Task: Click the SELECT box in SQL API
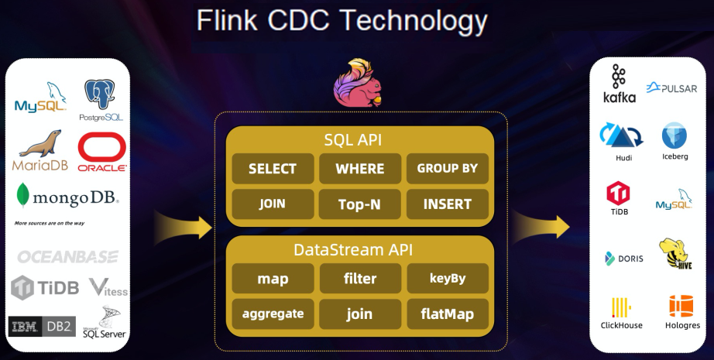273,169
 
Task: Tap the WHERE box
360,169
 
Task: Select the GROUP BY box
448,168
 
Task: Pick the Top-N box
360,204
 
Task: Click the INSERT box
448,204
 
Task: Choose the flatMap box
448,314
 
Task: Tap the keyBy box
448,278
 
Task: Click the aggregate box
273,314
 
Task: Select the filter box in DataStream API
360,278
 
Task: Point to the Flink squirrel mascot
357,83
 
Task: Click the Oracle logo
102,152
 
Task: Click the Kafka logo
619,84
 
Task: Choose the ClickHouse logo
621,313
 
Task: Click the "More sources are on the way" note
50,223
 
